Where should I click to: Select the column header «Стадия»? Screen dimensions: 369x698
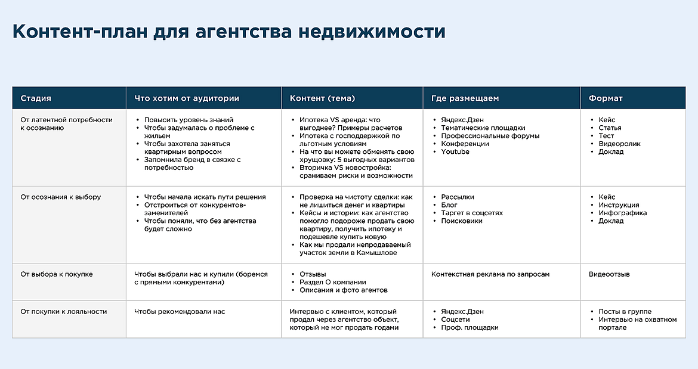(36, 98)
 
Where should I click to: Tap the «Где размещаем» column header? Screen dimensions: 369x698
(465, 98)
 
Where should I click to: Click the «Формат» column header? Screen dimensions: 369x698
(606, 98)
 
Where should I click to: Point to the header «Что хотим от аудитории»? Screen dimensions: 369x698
(187, 98)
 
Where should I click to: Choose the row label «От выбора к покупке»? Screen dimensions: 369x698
(57, 275)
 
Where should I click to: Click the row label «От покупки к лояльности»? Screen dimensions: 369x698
(64, 312)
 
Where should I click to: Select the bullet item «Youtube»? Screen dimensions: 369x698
(455, 152)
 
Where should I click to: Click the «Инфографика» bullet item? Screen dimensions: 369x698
(623, 213)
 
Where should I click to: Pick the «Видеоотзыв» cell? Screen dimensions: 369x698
(609, 275)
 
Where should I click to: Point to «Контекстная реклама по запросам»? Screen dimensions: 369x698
(490, 275)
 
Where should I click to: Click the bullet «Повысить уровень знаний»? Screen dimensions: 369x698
(189, 120)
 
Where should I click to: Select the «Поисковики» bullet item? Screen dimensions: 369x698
(462, 221)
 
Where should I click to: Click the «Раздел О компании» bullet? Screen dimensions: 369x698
(333, 283)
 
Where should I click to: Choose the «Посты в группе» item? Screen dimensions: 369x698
(625, 312)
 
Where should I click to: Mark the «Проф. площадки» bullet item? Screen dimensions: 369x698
(470, 328)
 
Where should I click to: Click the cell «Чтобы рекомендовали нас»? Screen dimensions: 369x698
(180, 312)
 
